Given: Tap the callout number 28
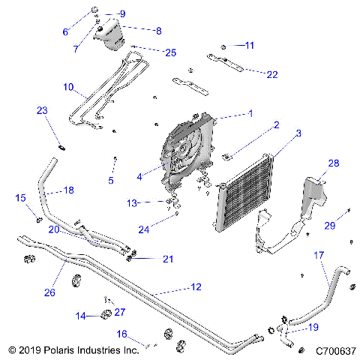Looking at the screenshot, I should coord(332,162).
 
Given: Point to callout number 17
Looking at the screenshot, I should coord(318,256).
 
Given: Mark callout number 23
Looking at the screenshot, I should coord(42,110).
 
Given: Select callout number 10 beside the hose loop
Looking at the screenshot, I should coord(67,87).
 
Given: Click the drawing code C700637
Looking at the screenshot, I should coord(335,350).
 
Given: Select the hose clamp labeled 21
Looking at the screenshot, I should coord(132,259).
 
